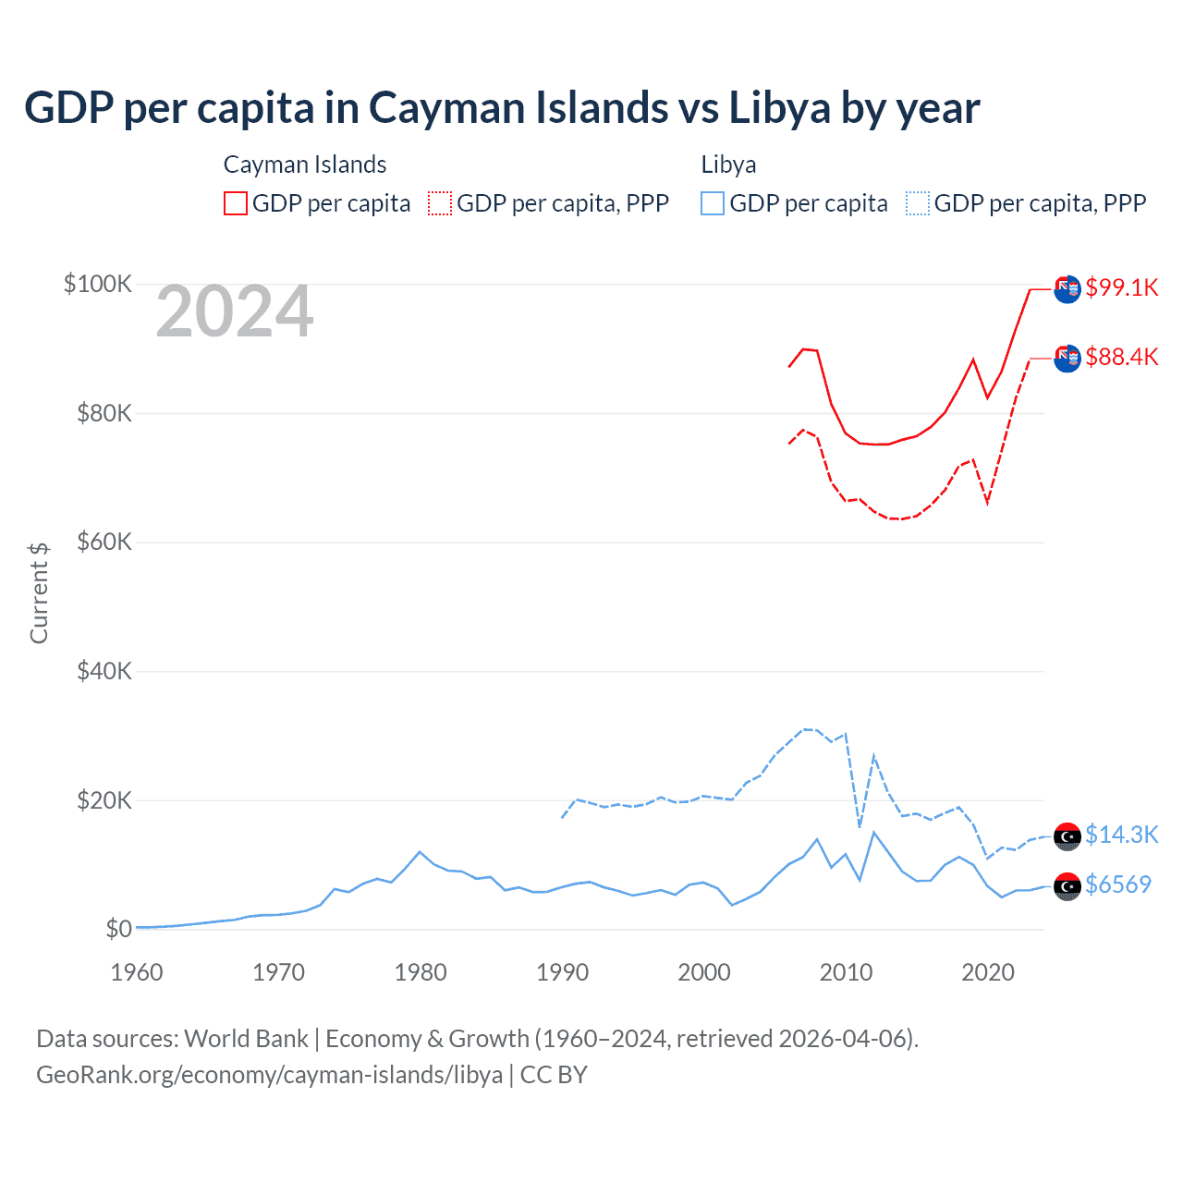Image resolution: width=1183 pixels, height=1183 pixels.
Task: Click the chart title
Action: [x=502, y=108]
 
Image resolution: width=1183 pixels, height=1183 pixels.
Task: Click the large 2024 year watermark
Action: [x=235, y=312]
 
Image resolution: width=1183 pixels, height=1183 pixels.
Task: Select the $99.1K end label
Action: [x=1121, y=287]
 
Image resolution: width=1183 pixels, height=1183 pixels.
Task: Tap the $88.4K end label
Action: [x=1121, y=357]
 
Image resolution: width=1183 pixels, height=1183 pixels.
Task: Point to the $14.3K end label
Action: [x=1121, y=835]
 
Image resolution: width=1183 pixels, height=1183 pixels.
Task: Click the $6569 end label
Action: [x=1117, y=884]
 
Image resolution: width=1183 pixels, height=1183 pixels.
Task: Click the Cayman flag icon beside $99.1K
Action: [x=1067, y=289]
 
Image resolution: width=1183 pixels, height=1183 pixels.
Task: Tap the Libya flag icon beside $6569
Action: [x=1067, y=886]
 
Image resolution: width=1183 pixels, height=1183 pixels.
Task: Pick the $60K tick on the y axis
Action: [x=104, y=543]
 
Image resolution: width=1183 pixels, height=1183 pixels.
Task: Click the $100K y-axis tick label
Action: [x=98, y=284]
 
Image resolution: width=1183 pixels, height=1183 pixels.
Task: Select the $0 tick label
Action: [x=118, y=929]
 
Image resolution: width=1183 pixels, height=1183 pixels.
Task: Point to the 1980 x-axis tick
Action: [x=421, y=972]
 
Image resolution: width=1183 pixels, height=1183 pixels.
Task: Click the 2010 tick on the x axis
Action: [x=846, y=972]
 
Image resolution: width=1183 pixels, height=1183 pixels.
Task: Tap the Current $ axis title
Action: [x=39, y=592]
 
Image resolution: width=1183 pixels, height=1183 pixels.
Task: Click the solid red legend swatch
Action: [x=236, y=203]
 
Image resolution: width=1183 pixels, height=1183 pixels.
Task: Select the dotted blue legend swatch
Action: [x=918, y=203]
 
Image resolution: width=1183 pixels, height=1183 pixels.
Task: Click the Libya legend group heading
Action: [x=728, y=165]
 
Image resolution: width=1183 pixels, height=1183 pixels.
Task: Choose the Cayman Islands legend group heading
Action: [x=305, y=165]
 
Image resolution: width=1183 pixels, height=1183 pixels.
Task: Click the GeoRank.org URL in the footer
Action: [x=269, y=1075]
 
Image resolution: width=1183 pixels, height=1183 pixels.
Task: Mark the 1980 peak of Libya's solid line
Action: [x=420, y=851]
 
